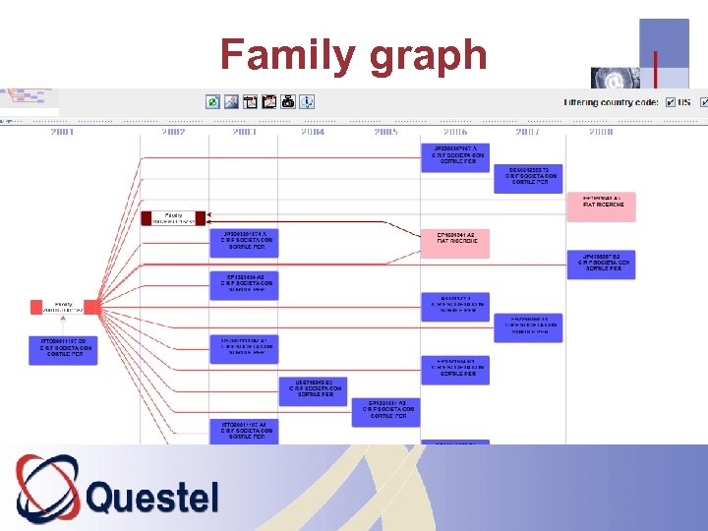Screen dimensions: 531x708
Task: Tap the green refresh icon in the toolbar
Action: coord(212,101)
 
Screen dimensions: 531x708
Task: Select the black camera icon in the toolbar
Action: coord(288,101)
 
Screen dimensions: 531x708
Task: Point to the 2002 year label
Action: coord(173,131)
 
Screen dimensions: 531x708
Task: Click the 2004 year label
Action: coord(313,131)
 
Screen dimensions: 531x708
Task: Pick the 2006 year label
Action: coord(455,131)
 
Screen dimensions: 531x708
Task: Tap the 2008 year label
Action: coord(601,131)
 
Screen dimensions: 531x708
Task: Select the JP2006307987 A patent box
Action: coord(455,155)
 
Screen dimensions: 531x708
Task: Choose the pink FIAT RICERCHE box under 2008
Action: coord(601,205)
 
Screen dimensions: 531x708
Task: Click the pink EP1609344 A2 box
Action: coord(455,242)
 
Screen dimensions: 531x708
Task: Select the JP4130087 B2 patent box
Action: coord(601,264)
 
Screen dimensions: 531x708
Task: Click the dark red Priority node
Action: coord(173,217)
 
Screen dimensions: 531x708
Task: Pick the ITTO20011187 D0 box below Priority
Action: coord(63,349)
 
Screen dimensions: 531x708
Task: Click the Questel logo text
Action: coord(152,497)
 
